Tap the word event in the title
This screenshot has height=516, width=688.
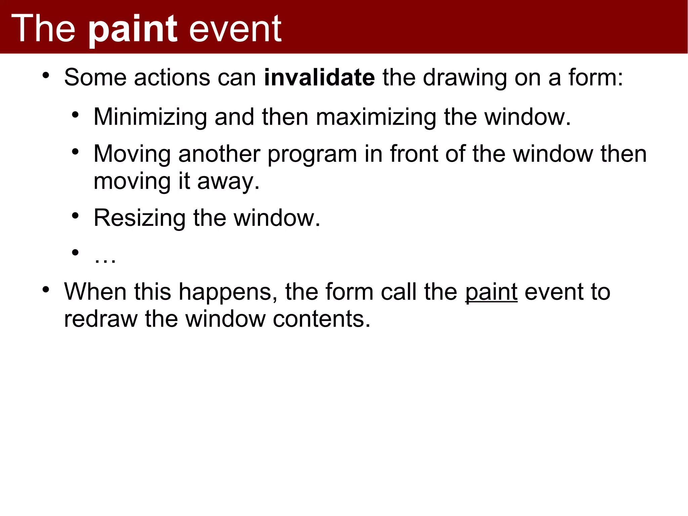235,30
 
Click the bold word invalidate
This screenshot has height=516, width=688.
319,77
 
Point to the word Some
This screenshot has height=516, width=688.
95,78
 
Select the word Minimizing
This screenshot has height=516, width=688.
150,118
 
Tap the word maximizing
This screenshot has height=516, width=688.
376,118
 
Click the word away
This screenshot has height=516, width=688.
228,182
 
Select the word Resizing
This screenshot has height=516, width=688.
139,219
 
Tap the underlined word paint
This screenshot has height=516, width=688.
491,292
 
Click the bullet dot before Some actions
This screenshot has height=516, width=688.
46,75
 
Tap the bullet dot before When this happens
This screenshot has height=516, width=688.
46,289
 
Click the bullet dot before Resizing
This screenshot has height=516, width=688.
75,215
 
